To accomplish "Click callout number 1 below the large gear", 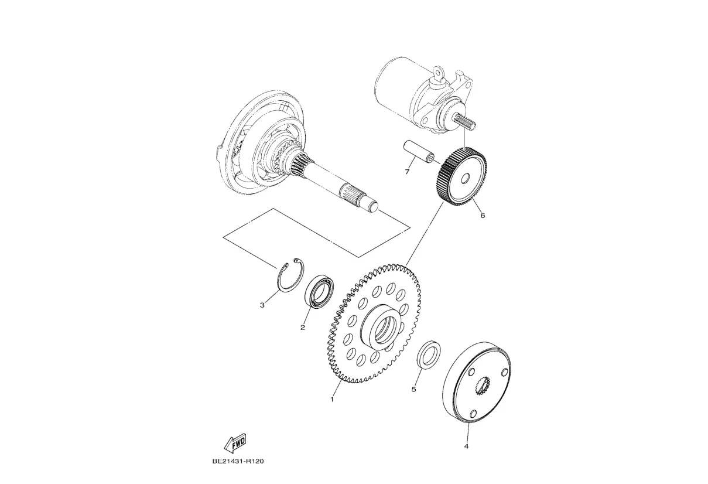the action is click(x=332, y=400).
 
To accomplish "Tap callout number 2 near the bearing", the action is click(x=303, y=328).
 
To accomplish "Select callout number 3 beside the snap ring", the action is click(x=262, y=305).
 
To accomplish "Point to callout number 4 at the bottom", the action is click(x=466, y=446).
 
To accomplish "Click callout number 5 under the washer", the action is click(x=414, y=390).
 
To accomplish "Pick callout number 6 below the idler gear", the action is click(x=483, y=216).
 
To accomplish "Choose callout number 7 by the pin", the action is click(x=407, y=172).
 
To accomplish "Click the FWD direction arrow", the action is click(x=235, y=444).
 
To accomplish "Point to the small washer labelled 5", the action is click(x=429, y=355).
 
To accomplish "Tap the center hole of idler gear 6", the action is click(x=465, y=179).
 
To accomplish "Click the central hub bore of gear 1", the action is click(x=385, y=333).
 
